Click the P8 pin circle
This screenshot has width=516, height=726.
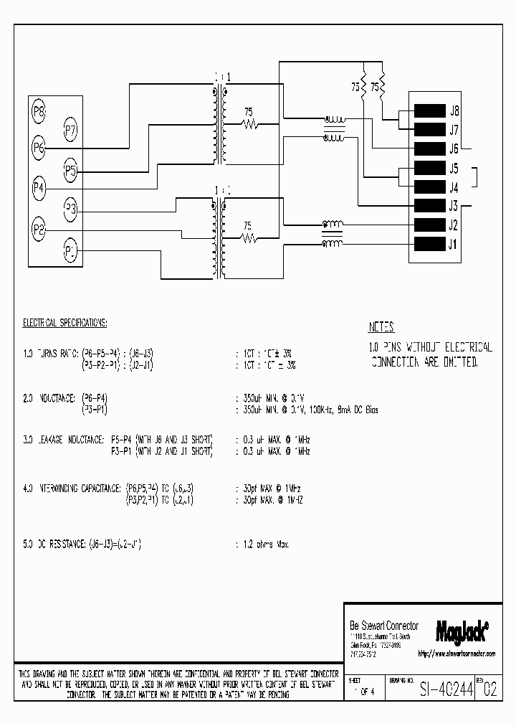[x=39, y=111]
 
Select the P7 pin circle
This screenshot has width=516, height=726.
[x=71, y=130]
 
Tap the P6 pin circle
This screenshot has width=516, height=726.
[x=39, y=148]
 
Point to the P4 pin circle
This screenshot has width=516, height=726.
[x=39, y=189]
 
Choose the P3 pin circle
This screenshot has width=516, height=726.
[x=71, y=209]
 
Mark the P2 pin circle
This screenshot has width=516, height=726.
[x=39, y=230]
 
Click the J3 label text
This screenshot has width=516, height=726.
[x=454, y=207]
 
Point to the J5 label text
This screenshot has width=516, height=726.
[x=454, y=169]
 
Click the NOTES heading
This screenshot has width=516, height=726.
[x=381, y=327]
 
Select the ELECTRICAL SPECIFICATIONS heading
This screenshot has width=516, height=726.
[x=64, y=323]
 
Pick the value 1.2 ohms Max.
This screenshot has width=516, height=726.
[x=264, y=545]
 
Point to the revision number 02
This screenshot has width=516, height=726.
[x=489, y=691]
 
